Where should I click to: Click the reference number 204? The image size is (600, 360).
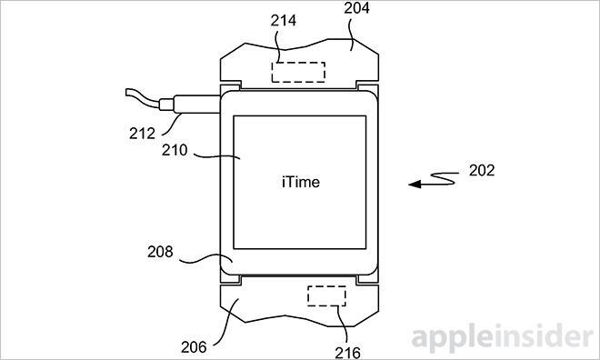(x=356, y=7)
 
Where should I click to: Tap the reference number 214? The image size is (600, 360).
(x=283, y=20)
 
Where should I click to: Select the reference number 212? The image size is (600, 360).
(x=142, y=133)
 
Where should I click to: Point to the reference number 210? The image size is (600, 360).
(x=175, y=150)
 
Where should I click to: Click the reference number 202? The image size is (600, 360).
(x=482, y=170)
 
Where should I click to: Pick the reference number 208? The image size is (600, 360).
(x=160, y=252)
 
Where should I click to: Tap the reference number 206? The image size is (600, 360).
(x=194, y=347)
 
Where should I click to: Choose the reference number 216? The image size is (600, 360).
(x=347, y=353)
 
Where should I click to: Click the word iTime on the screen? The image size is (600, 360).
(x=301, y=182)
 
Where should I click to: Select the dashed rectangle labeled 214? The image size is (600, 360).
(x=298, y=73)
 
